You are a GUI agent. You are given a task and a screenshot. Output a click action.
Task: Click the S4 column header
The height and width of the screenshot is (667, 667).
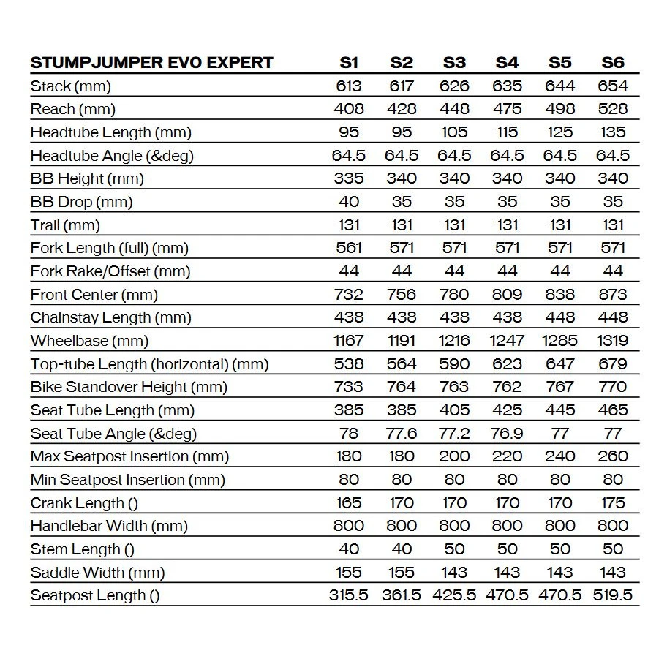tap(507, 62)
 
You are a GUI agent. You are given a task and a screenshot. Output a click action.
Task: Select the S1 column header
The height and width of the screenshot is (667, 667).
tap(349, 62)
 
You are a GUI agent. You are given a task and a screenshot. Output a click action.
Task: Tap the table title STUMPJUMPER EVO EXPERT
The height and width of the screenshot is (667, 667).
tap(151, 62)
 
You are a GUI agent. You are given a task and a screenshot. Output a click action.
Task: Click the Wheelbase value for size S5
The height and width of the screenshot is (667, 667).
tap(559, 341)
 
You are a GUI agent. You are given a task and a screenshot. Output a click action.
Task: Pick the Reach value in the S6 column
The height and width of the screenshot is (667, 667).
tap(613, 109)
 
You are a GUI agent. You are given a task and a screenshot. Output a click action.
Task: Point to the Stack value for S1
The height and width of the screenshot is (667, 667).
tap(349, 86)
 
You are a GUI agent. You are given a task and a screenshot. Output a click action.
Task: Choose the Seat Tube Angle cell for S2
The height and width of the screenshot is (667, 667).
tap(402, 434)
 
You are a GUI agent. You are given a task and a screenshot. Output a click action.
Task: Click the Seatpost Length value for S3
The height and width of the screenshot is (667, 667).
tap(454, 595)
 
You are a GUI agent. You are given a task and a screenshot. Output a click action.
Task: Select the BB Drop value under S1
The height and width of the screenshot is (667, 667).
tap(349, 202)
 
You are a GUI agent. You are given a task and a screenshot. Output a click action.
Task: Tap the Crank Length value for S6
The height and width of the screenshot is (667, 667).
tap(613, 503)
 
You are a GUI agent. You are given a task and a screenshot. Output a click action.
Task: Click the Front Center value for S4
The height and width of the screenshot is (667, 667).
tap(507, 295)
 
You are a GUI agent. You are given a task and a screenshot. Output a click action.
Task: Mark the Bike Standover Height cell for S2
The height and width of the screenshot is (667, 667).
tap(402, 387)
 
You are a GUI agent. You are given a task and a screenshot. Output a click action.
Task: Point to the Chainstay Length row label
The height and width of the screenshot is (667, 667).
tap(110, 317)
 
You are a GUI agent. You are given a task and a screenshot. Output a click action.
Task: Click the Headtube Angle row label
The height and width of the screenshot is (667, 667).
tap(112, 156)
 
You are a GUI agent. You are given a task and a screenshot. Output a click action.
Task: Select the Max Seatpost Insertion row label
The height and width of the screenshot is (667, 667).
tap(129, 456)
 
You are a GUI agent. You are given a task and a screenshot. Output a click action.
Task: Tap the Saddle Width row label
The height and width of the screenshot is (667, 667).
tap(97, 573)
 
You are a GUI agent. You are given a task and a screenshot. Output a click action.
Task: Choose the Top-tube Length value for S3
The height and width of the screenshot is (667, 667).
tap(454, 364)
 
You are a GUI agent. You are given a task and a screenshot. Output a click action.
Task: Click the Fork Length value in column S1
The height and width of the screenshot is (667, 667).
tap(349, 248)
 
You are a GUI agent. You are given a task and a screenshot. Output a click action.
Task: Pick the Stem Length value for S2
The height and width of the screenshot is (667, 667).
tap(402, 549)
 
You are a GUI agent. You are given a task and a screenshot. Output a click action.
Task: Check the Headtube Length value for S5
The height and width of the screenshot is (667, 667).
tap(559, 132)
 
